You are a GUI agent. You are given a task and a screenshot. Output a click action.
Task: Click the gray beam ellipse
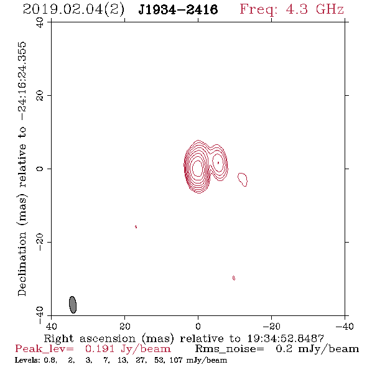coord(73,305)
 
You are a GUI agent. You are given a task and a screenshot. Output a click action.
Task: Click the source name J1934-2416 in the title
coord(178,10)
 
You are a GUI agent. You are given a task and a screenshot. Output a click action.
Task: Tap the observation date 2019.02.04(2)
coord(73,10)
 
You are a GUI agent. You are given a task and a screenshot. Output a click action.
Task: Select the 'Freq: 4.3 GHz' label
coord(292,9)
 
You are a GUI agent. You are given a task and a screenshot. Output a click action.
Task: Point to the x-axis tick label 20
coord(125,327)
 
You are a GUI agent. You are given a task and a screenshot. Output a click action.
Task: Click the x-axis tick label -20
coord(271,327)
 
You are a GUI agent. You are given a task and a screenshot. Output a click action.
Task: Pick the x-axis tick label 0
coord(198,327)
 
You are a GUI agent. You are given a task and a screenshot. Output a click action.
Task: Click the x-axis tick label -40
coord(345,327)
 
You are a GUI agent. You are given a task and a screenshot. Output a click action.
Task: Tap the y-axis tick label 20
coord(40,96)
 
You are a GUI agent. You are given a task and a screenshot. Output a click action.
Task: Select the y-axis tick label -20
coord(40,242)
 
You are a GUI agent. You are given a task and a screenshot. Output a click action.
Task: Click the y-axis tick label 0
coord(40,169)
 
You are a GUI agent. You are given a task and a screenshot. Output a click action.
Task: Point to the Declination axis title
coord(22,169)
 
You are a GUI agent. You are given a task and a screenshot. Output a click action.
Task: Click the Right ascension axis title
coord(184,338)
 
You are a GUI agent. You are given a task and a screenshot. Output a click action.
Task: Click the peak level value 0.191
coord(100,349)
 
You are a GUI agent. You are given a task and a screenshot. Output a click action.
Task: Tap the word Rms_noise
coord(230,349)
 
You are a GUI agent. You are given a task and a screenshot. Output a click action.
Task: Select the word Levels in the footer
coord(24,360)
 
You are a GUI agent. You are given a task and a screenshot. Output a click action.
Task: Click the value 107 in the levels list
coord(176,360)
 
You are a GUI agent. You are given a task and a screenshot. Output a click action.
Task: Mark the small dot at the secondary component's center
coord(218,163)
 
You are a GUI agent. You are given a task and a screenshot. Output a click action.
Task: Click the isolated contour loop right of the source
coord(243,180)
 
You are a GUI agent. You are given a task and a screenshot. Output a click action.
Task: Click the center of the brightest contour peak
coord(198,168)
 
